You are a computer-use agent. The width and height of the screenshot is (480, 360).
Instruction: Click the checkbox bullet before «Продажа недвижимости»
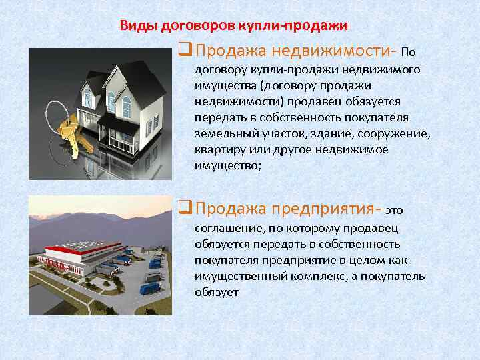[186, 51]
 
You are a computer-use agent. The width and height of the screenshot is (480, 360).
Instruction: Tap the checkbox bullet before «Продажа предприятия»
[186, 209]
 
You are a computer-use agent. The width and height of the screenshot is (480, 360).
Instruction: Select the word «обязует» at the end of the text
[216, 292]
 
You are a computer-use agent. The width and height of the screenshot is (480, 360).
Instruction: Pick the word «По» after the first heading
[409, 52]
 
